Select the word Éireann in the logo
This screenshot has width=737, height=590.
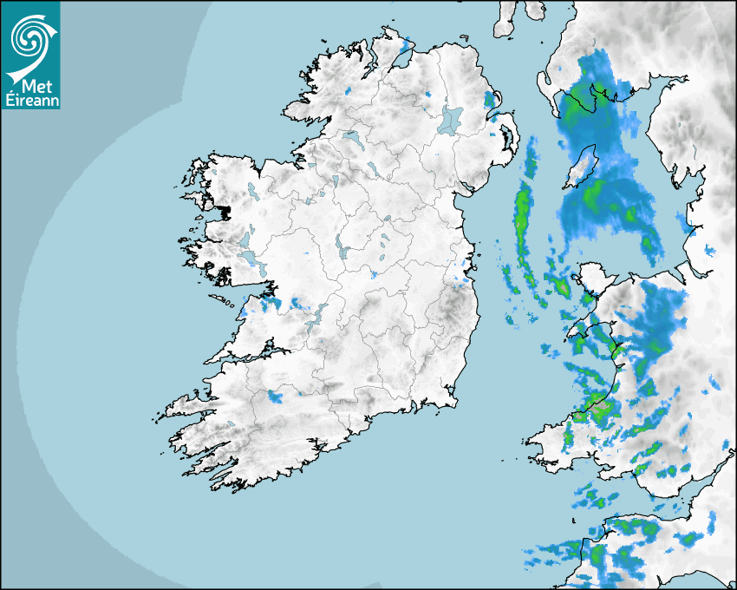tap(30, 99)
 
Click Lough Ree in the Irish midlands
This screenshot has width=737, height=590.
tap(341, 247)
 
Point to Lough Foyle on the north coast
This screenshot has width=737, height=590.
tap(401, 58)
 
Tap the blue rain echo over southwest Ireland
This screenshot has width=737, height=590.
tap(277, 397)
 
